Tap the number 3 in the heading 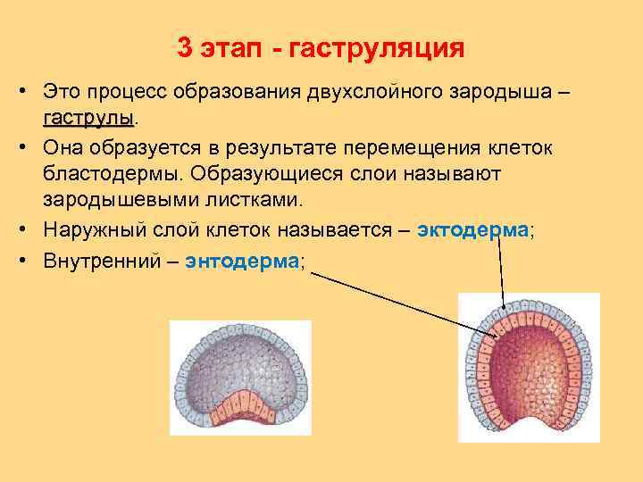tap(185, 47)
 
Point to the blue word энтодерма tap(242, 261)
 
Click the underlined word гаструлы tap(88, 118)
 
